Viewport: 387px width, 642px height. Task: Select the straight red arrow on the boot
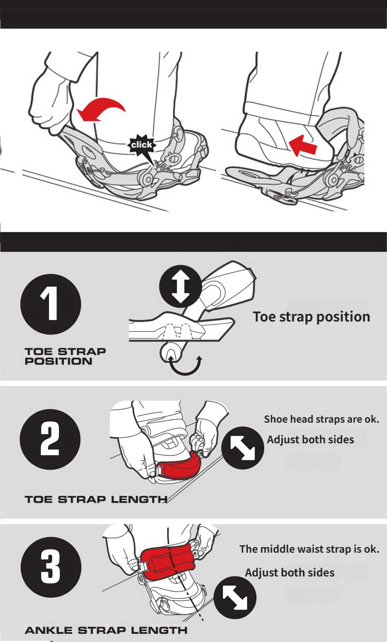click(x=303, y=146)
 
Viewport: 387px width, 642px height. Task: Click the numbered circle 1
click(x=51, y=304)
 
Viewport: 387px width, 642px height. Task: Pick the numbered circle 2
click(x=50, y=439)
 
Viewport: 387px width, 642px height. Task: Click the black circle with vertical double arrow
click(x=181, y=286)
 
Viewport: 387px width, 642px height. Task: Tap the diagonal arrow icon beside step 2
click(x=243, y=447)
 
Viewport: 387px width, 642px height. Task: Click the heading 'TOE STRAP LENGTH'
click(x=96, y=500)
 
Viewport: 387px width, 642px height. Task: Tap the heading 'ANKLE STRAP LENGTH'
click(x=106, y=630)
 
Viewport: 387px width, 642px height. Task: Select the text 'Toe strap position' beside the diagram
click(x=312, y=317)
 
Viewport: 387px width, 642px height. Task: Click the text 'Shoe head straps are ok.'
click(x=321, y=419)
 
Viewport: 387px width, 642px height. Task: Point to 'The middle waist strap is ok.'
click(x=309, y=549)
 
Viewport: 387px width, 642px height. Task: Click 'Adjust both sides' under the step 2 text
click(x=311, y=440)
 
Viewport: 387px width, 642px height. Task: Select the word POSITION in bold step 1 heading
click(x=58, y=361)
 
